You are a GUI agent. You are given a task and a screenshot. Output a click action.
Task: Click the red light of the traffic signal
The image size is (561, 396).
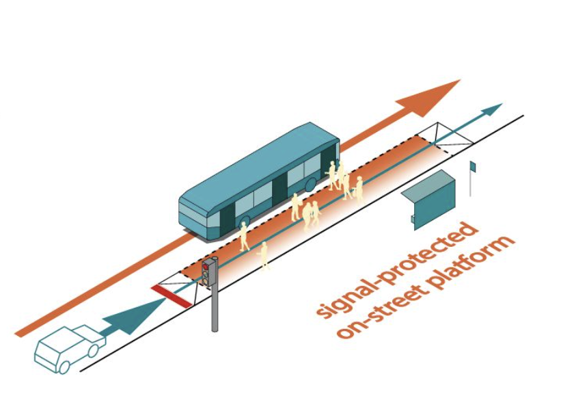(x=206, y=267)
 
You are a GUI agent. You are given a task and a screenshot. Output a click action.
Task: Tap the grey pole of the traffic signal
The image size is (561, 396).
(x=215, y=308)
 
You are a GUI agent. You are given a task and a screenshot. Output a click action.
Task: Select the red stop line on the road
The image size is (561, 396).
(x=172, y=296)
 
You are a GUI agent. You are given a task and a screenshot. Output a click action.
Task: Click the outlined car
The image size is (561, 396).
(x=70, y=349)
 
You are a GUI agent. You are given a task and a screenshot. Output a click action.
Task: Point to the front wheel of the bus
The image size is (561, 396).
(x=245, y=223)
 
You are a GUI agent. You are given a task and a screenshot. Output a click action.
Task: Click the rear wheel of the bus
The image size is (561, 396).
(x=310, y=184)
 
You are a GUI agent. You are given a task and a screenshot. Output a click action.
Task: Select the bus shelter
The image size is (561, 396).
(x=428, y=199)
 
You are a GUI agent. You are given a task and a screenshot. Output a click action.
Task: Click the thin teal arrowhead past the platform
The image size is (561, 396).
(x=492, y=109)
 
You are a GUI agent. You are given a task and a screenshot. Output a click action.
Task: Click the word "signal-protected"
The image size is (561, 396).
(x=397, y=269)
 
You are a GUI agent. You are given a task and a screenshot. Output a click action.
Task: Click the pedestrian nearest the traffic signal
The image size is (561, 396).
(x=264, y=255)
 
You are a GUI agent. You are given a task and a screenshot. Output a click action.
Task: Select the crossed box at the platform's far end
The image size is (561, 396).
(x=446, y=138)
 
